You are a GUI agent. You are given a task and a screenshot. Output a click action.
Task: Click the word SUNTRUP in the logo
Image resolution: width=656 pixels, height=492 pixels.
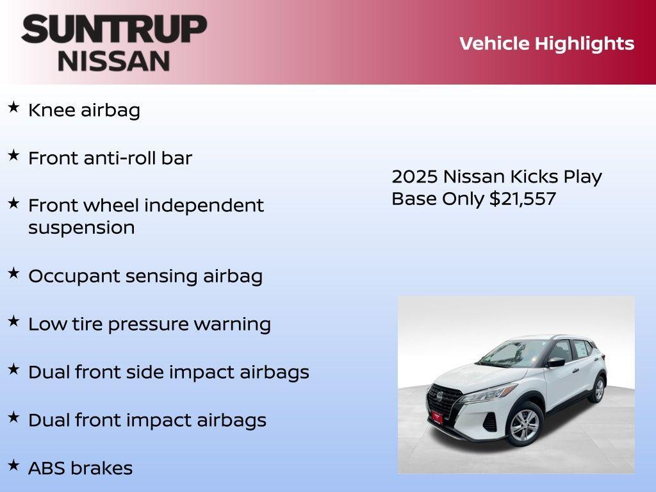tap(114, 29)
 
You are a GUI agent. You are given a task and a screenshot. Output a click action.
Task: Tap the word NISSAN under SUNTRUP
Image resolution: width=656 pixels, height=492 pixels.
tap(114, 61)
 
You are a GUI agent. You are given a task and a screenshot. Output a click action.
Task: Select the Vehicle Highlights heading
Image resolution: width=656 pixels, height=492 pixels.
tap(546, 44)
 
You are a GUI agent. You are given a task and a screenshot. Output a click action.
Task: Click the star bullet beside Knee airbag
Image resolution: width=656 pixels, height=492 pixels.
tap(13, 108)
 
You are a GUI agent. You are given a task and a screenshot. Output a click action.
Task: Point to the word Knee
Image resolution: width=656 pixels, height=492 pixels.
tap(52, 110)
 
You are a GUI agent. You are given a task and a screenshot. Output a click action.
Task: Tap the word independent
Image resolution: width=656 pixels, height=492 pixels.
tap(204, 206)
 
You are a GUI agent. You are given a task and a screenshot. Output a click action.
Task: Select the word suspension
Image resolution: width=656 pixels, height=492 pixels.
tap(81, 228)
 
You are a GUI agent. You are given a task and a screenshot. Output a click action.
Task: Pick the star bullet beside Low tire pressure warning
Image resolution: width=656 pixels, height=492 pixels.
tap(13, 321)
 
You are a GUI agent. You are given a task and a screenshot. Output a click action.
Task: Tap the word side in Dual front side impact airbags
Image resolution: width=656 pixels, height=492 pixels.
tap(163, 372)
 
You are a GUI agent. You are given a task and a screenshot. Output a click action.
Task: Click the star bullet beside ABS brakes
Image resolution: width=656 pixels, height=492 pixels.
tap(13, 465)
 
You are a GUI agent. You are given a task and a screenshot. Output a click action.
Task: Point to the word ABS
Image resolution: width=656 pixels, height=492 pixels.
tap(47, 468)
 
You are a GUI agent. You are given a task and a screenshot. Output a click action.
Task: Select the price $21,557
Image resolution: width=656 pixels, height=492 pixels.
tap(523, 199)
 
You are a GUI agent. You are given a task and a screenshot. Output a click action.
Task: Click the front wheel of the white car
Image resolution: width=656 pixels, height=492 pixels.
tap(525, 423)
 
